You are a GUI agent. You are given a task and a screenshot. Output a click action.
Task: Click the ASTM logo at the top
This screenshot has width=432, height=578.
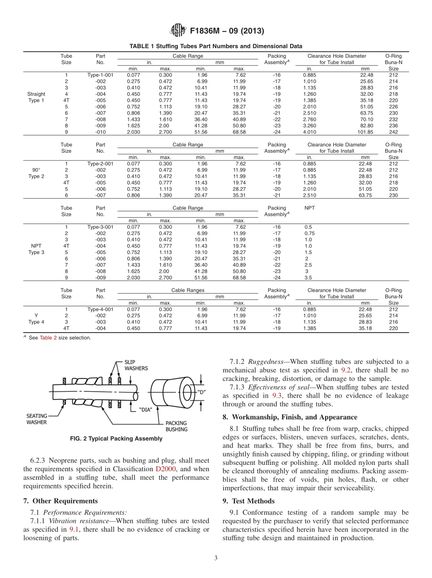(x=178, y=31)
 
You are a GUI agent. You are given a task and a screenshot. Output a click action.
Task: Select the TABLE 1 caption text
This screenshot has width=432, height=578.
(x=216, y=46)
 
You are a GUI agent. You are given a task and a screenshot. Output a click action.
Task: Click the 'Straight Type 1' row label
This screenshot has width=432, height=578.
(x=36, y=97)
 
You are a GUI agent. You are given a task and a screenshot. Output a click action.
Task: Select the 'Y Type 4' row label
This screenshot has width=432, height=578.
(x=36, y=319)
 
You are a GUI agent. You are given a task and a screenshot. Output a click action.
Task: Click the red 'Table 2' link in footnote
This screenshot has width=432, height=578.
(x=48, y=338)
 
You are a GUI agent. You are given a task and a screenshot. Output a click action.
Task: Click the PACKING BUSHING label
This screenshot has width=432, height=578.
(x=176, y=426)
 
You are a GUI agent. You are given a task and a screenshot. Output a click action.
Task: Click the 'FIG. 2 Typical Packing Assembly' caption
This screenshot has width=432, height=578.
(x=116, y=438)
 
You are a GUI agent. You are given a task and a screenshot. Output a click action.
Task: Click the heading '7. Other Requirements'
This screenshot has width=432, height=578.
(x=60, y=501)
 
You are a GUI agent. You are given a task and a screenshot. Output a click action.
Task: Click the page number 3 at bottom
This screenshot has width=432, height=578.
(x=216, y=558)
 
